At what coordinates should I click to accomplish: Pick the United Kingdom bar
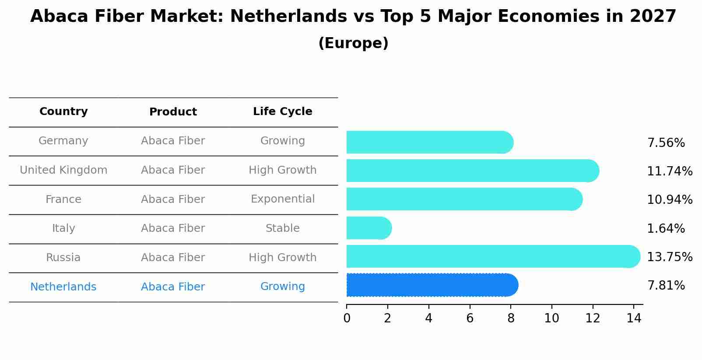click(x=472, y=171)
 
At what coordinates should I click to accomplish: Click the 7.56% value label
click(x=666, y=143)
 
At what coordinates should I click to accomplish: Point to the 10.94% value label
click(x=669, y=200)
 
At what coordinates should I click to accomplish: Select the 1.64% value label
click(x=666, y=228)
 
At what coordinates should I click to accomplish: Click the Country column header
click(x=63, y=112)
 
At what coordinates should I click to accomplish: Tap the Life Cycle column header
click(x=282, y=112)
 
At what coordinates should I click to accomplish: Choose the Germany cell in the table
click(x=63, y=141)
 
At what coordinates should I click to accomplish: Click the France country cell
click(x=63, y=199)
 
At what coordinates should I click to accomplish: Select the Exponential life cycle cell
click(x=282, y=199)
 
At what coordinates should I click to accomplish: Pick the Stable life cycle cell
click(x=282, y=228)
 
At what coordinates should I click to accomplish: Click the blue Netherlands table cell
click(x=63, y=287)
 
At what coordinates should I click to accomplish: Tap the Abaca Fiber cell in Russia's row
click(x=173, y=258)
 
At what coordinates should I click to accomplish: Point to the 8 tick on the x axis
click(x=511, y=318)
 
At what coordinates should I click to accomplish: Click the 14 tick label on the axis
click(x=633, y=318)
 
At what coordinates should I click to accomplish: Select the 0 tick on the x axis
click(x=347, y=318)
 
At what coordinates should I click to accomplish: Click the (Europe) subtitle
click(x=353, y=43)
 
